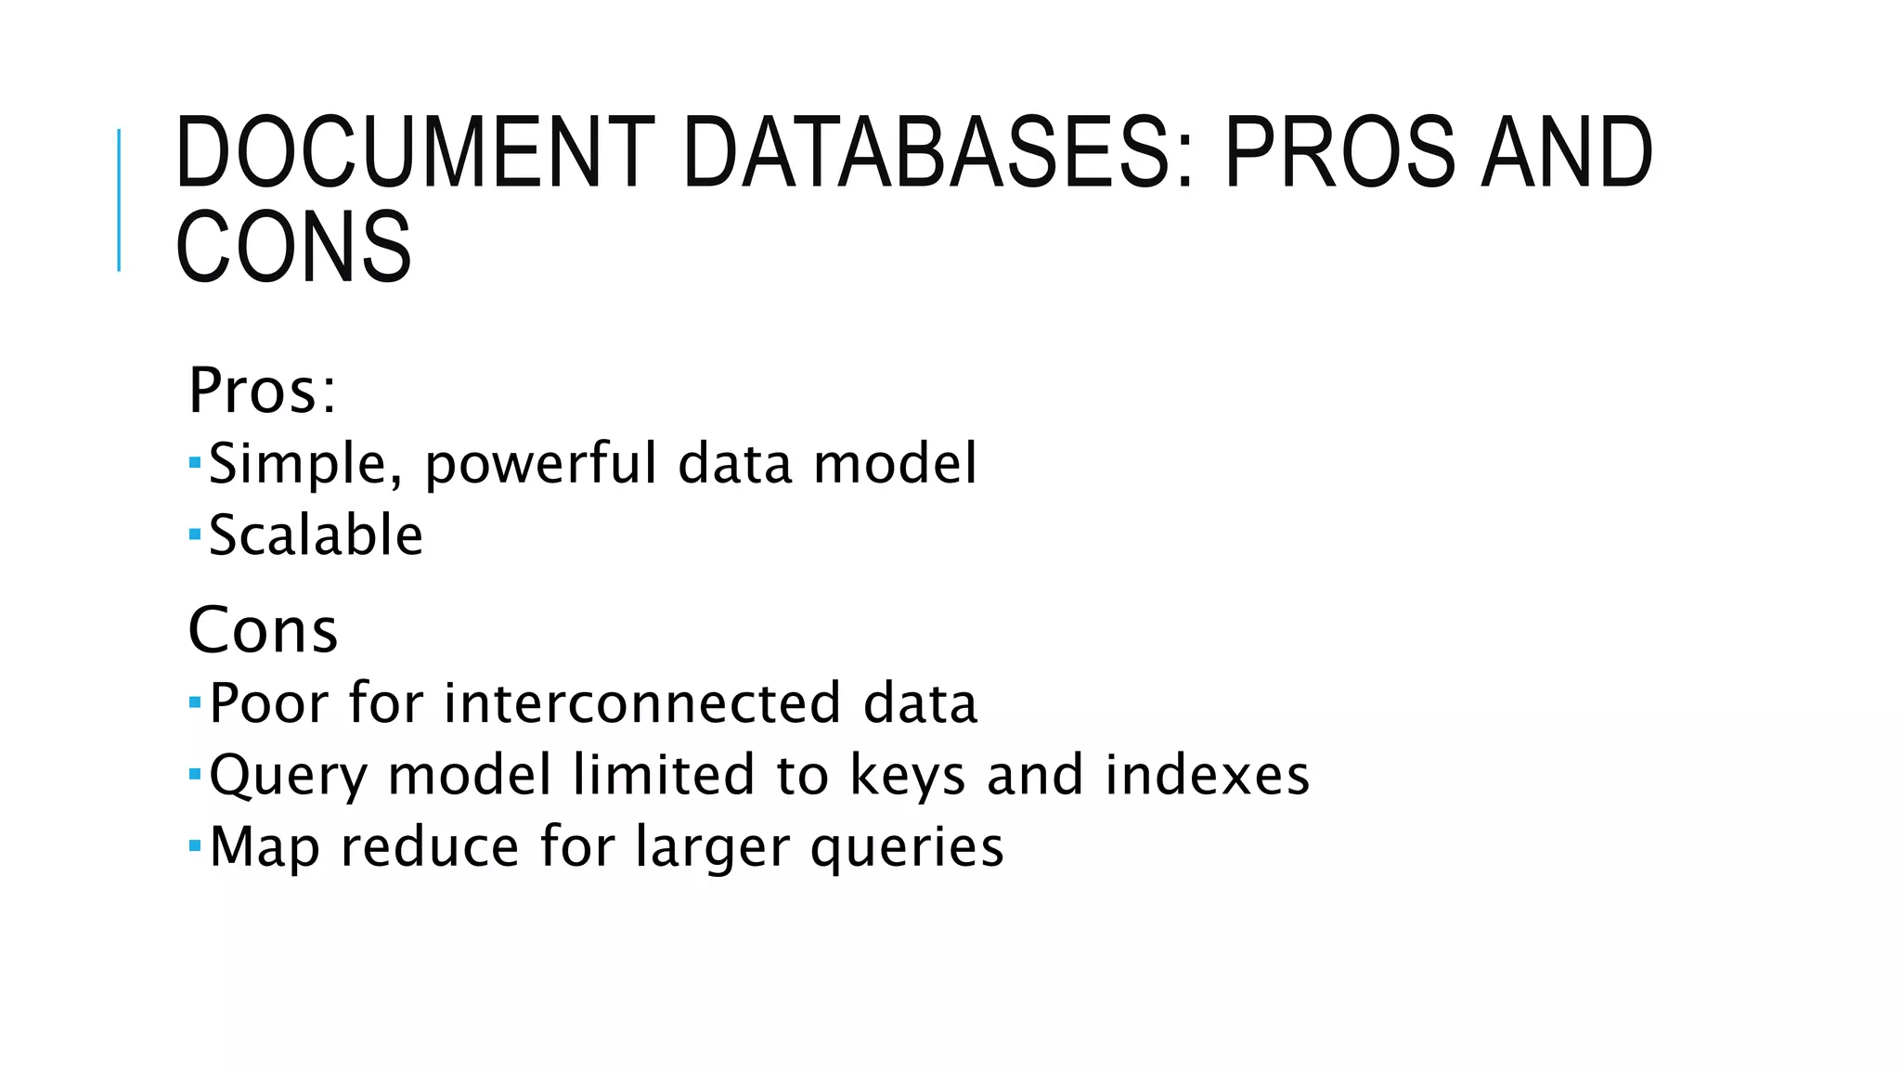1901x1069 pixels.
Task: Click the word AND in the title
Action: (x=1567, y=151)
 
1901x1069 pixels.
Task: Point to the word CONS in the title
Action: (x=293, y=246)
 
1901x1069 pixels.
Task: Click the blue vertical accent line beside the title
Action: (x=119, y=200)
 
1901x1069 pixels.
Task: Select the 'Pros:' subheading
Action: (x=262, y=391)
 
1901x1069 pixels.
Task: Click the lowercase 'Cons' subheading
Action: (x=263, y=630)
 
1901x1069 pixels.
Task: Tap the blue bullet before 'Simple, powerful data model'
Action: (x=194, y=461)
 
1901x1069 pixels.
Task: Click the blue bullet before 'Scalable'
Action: (x=194, y=534)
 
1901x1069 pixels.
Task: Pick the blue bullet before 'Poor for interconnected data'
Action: (x=194, y=701)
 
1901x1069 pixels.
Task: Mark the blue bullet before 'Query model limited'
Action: (x=194, y=772)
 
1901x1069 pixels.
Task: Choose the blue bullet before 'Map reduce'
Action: (x=194, y=844)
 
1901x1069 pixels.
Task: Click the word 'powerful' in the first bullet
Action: (x=541, y=464)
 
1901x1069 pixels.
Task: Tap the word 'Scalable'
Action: (x=316, y=535)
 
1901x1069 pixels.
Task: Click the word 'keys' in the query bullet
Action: (x=908, y=776)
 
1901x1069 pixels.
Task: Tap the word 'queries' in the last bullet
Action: (x=907, y=848)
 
